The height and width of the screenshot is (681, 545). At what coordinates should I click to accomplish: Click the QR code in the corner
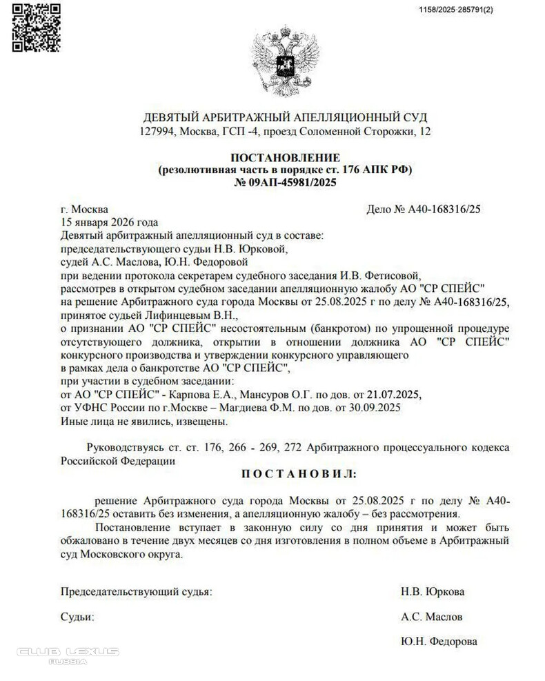click(36, 28)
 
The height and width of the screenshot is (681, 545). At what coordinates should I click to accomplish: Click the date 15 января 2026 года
click(110, 222)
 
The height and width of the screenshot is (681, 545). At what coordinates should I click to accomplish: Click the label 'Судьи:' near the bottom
click(77, 617)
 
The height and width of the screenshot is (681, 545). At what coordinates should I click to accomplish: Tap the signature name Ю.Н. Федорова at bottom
click(438, 642)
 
